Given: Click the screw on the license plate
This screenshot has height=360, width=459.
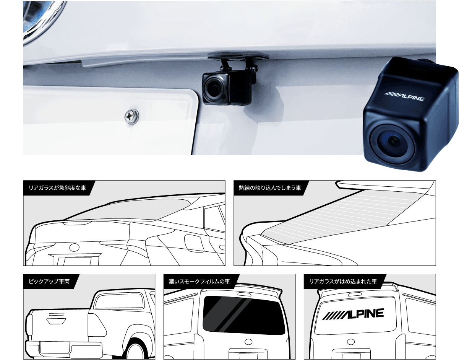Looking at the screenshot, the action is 131,116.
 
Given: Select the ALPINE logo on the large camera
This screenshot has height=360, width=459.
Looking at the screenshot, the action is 404,96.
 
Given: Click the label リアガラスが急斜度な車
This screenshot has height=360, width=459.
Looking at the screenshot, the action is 57,188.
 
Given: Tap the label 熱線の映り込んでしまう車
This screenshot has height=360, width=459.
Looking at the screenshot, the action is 270,188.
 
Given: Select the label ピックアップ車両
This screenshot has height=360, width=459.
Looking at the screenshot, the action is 49,281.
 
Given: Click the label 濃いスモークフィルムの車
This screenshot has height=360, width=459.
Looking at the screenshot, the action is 199,281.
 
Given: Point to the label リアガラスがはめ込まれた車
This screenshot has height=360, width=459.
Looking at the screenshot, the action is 343,281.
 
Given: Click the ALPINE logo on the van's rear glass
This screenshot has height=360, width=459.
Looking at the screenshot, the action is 353,314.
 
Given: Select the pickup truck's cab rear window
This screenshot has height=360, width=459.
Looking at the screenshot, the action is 119,300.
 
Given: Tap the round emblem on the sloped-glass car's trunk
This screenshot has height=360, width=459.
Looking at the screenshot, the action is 75,247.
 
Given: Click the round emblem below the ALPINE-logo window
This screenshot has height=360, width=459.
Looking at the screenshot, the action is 350,342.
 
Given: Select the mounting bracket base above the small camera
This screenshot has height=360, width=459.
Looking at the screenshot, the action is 238,56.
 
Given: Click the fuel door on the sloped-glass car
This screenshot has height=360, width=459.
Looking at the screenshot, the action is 194,243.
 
